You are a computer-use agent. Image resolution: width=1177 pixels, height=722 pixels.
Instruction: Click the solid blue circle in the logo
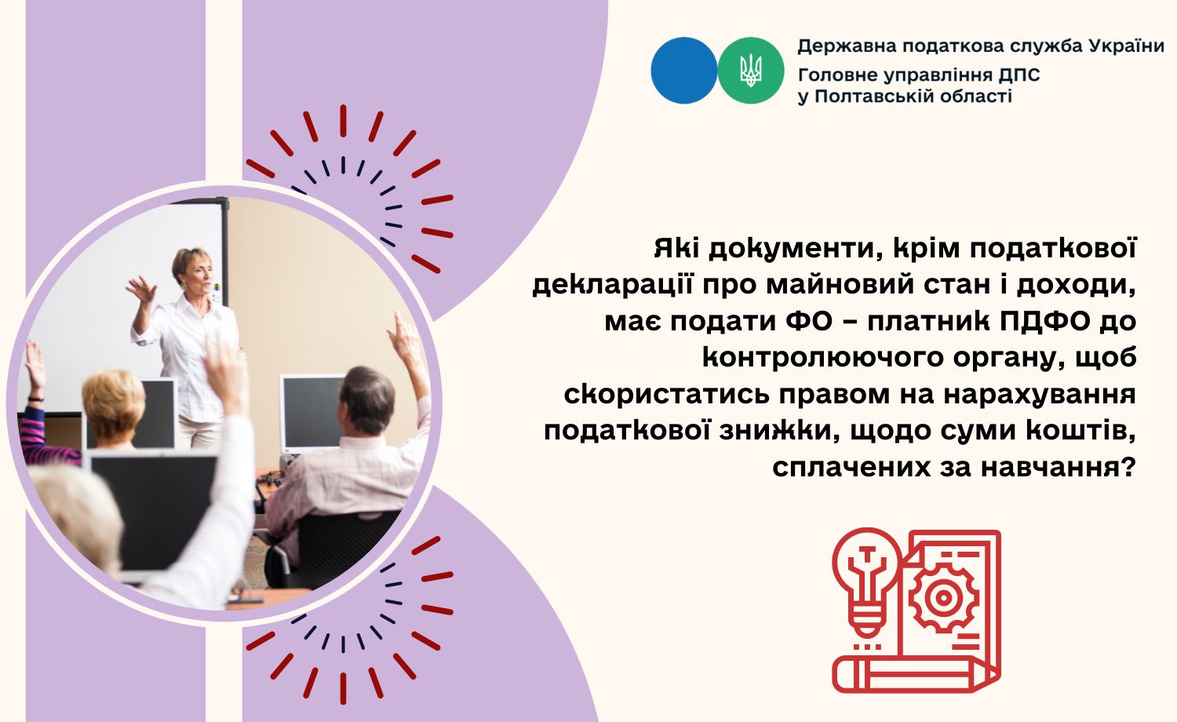click(683, 71)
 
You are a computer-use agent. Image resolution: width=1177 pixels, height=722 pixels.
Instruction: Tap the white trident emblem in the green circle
click(751, 71)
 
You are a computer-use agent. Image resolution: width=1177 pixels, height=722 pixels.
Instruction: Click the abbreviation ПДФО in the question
click(1044, 322)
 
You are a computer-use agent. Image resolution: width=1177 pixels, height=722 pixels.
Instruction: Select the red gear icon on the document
click(943, 597)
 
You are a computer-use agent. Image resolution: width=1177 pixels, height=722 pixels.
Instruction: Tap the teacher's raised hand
click(140, 289)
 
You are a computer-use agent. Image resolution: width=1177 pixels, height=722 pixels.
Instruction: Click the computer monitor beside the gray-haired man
click(311, 413)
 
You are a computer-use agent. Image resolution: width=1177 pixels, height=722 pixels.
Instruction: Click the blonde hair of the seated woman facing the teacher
click(113, 397)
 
